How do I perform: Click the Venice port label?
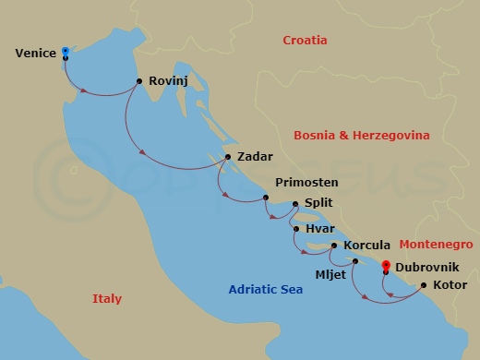36,54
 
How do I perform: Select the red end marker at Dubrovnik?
385,266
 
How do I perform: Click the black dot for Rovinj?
138,81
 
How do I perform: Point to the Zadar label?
254,157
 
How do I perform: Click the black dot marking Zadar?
228,157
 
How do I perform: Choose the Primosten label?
306,183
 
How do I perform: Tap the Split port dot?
294,204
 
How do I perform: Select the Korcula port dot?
334,246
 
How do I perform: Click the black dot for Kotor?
424,285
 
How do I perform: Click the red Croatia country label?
307,41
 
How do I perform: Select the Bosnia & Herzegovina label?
361,135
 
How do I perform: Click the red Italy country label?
106,298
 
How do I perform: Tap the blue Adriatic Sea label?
267,293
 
